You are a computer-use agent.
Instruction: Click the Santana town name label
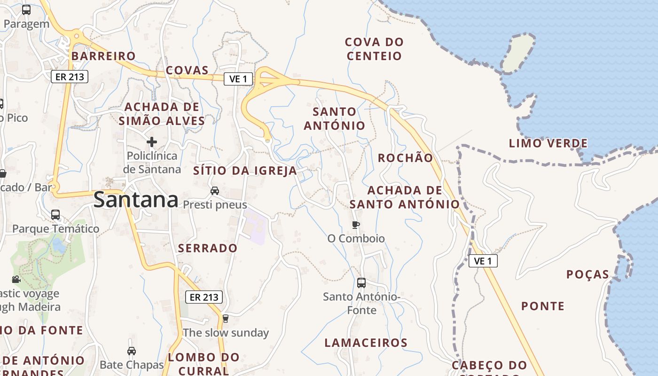136,200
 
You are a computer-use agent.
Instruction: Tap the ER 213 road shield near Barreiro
70,76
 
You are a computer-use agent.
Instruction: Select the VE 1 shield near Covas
238,79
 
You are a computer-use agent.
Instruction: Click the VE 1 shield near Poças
483,261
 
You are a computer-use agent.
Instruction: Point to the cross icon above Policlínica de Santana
151,141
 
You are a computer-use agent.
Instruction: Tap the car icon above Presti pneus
215,190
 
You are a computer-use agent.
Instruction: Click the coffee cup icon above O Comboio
356,225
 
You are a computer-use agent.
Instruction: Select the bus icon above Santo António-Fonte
361,283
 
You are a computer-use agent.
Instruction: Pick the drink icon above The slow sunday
225,319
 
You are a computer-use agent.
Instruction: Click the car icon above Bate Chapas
132,351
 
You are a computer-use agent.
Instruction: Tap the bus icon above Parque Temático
55,215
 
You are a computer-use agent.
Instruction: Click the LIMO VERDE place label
548,143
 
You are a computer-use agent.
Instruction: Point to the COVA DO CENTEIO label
374,49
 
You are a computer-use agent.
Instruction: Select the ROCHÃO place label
405,158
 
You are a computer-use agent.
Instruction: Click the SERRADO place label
208,248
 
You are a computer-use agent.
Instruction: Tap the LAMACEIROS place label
366,343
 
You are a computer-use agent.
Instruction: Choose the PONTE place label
542,306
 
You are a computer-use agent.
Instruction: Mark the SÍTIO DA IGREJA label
245,171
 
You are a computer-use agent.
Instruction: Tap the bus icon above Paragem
26,10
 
